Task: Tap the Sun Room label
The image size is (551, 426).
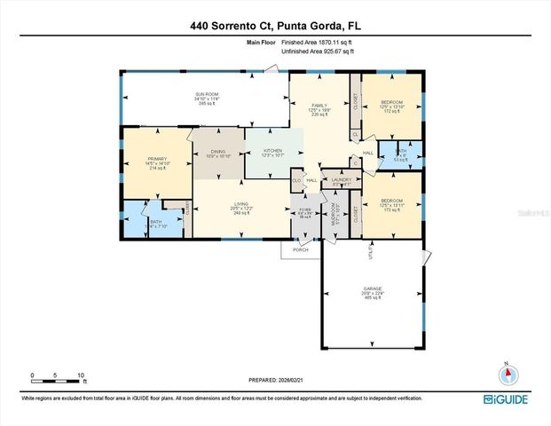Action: [208, 98]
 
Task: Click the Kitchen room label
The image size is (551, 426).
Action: [273, 153]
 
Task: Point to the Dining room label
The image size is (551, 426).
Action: [216, 154]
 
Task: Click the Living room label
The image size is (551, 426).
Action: [240, 209]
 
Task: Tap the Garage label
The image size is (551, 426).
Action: [373, 292]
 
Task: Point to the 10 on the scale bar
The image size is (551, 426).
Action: [81, 375]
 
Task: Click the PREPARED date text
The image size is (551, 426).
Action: [275, 381]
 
